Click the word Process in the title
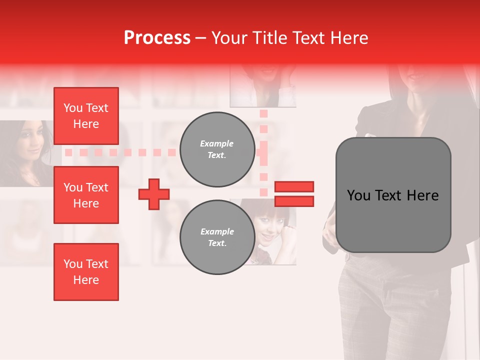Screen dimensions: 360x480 (157, 38)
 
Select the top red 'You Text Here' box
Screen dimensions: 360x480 (86, 116)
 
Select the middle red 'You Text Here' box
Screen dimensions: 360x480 (86, 195)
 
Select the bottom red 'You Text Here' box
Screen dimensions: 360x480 (86, 271)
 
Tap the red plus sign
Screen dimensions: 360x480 (154, 194)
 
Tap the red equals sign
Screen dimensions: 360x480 (294, 194)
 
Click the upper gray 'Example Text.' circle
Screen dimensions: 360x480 (217, 149)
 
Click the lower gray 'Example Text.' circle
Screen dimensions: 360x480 (217, 237)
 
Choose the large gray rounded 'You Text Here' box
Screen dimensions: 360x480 (393, 195)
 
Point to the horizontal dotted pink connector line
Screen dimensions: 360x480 (120, 152)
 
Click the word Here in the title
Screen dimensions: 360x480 (349, 38)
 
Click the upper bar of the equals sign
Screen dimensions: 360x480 (294, 187)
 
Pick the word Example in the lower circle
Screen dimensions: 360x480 (217, 231)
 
